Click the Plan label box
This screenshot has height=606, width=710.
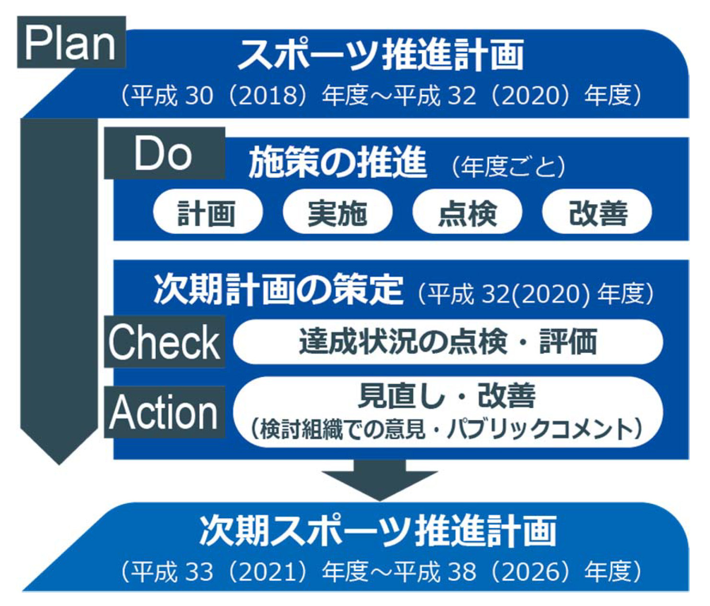[x=71, y=42]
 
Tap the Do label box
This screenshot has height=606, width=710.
[x=164, y=153]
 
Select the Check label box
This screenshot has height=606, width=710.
[x=164, y=341]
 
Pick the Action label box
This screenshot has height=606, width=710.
[x=164, y=412]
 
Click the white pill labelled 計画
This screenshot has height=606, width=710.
[x=208, y=211]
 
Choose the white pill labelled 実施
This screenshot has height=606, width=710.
[x=338, y=211]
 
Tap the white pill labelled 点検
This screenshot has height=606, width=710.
[x=467, y=211]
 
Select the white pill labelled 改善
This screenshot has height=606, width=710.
[x=597, y=211]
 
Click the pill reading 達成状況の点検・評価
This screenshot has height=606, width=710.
[x=448, y=341]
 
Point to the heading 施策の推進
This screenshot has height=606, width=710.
[x=338, y=162]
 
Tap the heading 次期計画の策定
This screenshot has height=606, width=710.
[x=279, y=289]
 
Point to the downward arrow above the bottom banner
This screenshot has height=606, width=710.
[x=380, y=480]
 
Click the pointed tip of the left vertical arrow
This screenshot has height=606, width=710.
[x=59, y=465]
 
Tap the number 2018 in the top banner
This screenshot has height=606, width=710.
[x=268, y=95]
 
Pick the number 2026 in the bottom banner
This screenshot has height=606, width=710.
[x=530, y=572]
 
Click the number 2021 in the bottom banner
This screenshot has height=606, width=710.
[x=268, y=572]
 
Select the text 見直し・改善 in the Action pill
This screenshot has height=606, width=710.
[x=446, y=396]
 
